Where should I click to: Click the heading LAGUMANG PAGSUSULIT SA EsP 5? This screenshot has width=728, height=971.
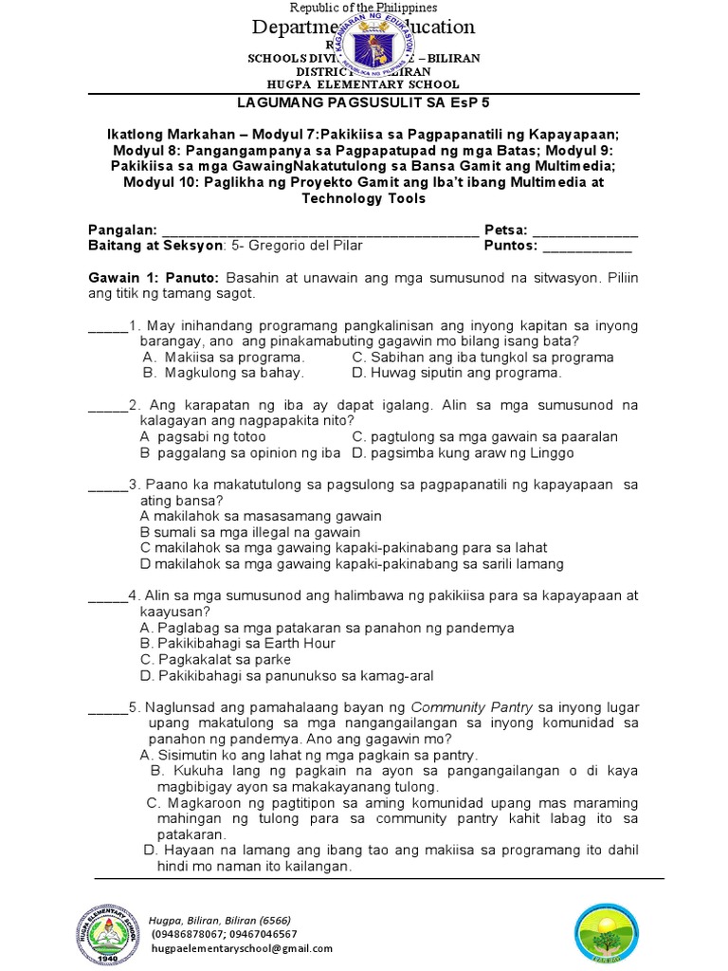point(363,101)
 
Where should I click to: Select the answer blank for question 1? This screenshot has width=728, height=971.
point(107,328)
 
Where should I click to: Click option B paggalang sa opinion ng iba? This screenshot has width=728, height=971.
point(240,452)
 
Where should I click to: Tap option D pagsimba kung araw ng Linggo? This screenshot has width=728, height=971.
point(463,452)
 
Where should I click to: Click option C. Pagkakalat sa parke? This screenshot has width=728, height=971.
point(215,659)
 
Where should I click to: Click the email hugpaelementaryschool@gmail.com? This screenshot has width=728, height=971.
point(241,948)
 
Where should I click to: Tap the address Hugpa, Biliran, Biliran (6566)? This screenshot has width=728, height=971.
point(219,920)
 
